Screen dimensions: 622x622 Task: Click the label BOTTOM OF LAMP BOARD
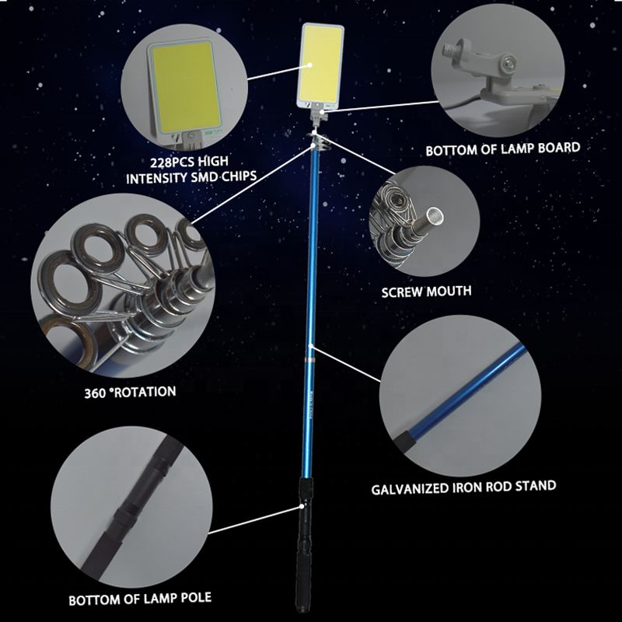502,149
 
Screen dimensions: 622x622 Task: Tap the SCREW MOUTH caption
426,292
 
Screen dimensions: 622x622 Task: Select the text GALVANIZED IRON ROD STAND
463,487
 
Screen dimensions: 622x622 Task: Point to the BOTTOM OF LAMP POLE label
140,599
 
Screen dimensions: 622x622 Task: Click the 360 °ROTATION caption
130,393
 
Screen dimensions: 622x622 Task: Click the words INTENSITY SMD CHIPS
191,177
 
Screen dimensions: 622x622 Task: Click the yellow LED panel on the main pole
321,64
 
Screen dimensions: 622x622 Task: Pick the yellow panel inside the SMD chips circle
186,87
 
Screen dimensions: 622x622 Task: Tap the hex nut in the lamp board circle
508,62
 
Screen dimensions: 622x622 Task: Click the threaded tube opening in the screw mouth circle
436,216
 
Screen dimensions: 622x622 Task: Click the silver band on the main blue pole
309,359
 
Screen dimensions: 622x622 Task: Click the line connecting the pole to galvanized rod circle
345,364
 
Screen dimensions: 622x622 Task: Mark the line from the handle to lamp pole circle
255,519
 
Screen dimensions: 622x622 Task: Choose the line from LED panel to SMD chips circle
279,72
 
